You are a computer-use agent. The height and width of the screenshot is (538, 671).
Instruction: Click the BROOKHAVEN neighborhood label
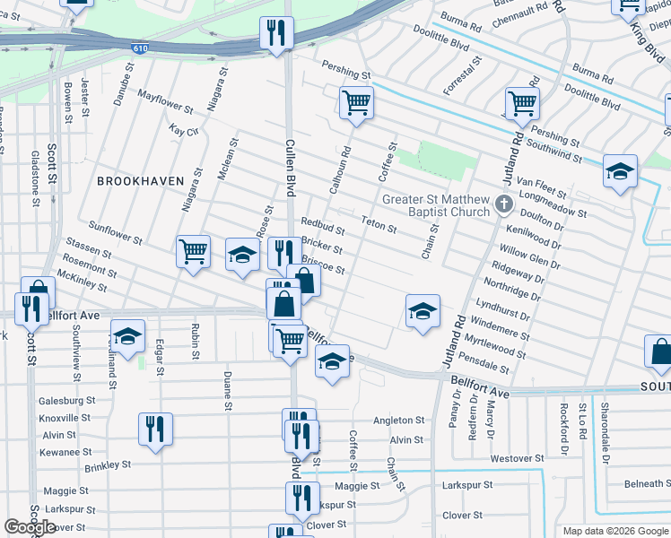click(x=134, y=180)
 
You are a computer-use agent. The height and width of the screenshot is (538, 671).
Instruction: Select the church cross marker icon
click(x=504, y=205)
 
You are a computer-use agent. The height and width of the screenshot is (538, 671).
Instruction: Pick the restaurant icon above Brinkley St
click(x=154, y=429)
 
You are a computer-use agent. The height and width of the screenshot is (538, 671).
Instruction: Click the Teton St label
click(x=379, y=223)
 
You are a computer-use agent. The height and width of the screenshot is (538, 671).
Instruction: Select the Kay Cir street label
click(x=183, y=130)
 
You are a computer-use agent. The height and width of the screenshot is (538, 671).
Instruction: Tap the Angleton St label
click(x=398, y=420)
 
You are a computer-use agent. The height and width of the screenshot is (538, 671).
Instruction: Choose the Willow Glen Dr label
click(x=529, y=259)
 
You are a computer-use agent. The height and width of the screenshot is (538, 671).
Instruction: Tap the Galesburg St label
click(x=66, y=401)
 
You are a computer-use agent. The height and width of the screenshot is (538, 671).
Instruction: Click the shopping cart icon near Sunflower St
click(x=193, y=252)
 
